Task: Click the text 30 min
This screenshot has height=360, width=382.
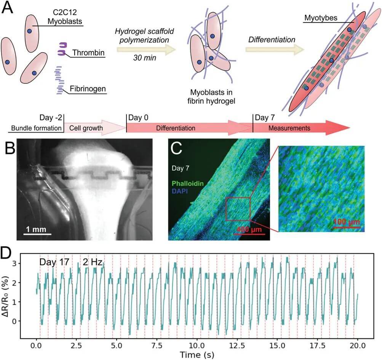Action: pos(143,58)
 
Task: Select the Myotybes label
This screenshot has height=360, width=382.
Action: pos(321,18)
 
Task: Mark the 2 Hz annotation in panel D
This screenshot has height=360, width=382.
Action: pos(93,262)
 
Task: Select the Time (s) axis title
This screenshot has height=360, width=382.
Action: pos(197,355)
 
